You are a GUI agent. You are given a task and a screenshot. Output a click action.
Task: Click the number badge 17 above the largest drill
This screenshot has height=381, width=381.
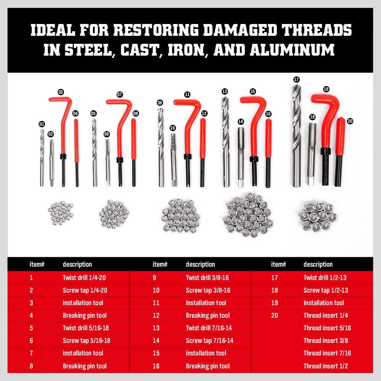click(296, 79)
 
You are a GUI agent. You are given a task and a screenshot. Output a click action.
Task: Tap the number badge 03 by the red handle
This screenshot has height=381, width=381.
click(61, 92)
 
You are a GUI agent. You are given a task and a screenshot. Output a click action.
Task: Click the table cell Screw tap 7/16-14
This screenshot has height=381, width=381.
click(210, 341)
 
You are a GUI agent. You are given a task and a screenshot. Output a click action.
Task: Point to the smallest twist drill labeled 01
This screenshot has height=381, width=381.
click(42, 156)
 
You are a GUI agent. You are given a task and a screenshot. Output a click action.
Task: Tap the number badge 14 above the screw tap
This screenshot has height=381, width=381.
click(240, 121)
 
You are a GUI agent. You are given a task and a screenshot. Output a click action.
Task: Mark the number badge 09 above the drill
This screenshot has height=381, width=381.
click(160, 102)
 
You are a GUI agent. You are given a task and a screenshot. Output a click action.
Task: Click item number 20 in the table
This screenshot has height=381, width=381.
click(274, 315)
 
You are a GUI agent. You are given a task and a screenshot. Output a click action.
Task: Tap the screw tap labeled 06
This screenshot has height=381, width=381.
click(107, 160)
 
